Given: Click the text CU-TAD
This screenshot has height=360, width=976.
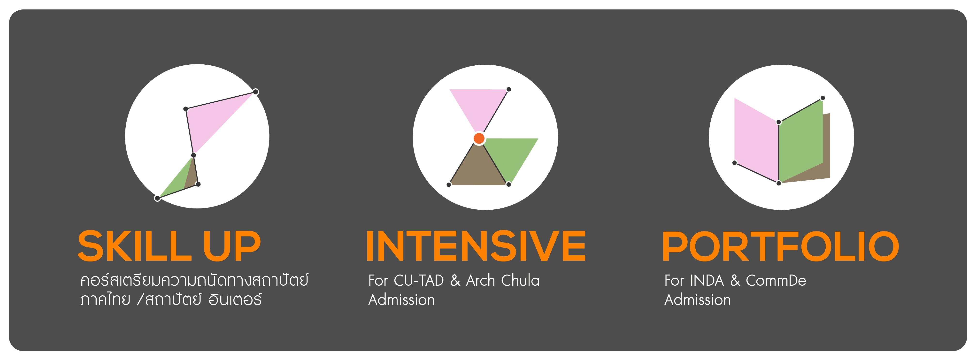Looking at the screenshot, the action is click(419, 280).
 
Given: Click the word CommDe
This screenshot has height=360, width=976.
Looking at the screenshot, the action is click(776, 280).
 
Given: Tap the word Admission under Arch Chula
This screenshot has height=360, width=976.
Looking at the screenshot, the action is click(402, 300).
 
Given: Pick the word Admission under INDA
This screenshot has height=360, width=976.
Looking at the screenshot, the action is click(698, 300).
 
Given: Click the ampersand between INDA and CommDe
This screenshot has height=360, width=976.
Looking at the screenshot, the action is click(735, 280).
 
